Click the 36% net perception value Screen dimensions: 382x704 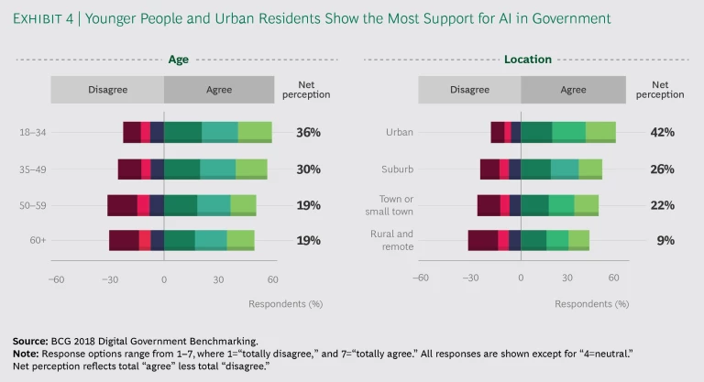(308, 132)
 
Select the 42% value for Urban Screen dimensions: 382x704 (662, 132)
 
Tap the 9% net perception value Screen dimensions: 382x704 (665, 240)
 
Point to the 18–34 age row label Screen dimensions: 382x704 (33, 132)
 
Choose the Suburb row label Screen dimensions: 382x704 (397, 169)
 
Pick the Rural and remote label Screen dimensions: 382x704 (391, 240)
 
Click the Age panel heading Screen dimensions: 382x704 (178, 60)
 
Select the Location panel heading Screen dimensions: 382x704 (528, 60)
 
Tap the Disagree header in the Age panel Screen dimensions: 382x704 (107, 90)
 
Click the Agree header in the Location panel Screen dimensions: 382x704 (573, 90)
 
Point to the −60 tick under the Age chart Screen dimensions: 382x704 (56, 278)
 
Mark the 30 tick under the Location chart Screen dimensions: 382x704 (567, 278)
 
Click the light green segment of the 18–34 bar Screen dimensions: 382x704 (255, 132)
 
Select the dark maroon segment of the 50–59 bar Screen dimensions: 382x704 (122, 204)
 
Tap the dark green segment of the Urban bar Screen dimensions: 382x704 (536, 132)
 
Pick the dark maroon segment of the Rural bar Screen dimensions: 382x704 (482, 240)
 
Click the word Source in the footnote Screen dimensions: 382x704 (30, 341)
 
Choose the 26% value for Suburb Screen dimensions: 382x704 (662, 169)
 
